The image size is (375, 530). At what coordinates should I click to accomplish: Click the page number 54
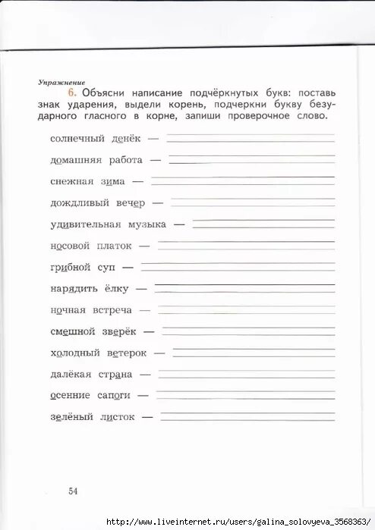(x=73, y=491)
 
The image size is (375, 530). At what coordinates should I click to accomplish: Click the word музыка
(x=149, y=224)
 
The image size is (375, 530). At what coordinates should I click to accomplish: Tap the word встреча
(x=113, y=310)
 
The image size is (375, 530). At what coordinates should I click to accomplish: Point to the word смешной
(x=72, y=331)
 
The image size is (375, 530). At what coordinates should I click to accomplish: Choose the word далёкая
(x=71, y=374)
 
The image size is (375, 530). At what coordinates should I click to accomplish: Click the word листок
(x=117, y=416)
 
